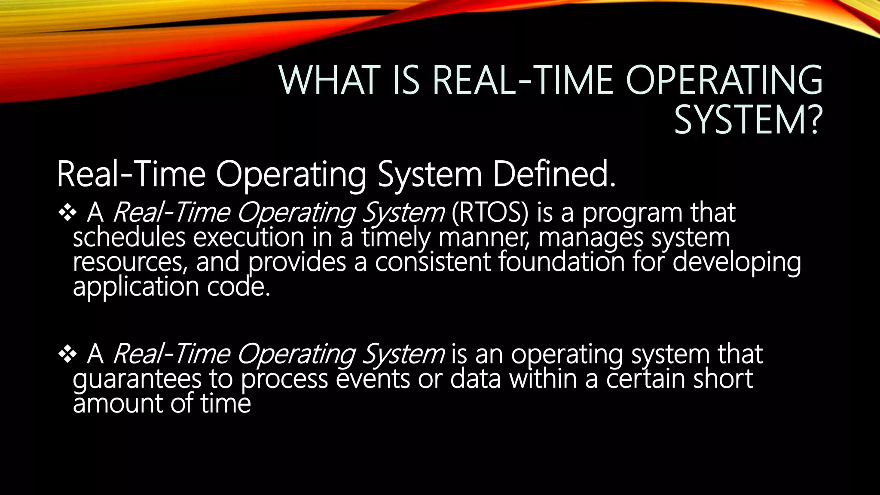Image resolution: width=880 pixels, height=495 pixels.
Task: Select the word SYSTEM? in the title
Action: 748,120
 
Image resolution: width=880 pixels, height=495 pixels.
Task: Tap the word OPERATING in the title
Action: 724,80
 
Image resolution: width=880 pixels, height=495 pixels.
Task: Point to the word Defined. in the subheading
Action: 554,174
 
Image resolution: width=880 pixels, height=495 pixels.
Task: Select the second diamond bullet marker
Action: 67,354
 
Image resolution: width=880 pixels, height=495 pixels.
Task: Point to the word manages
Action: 591,238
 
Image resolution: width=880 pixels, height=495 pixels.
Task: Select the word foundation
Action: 561,262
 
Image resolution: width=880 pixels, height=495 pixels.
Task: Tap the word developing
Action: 736,262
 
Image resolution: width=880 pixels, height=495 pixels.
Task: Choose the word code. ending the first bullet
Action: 239,287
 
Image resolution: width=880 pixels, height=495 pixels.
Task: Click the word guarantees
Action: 137,379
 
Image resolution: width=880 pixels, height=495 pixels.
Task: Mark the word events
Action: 373,379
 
